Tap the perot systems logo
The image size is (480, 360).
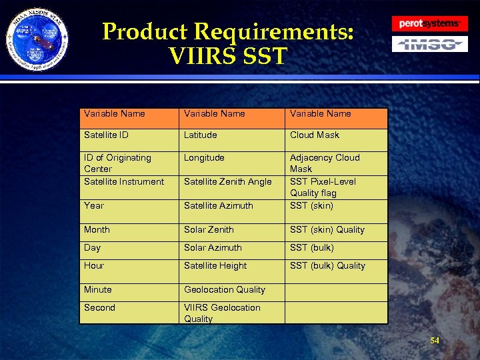[429, 23]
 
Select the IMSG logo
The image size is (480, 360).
[429, 44]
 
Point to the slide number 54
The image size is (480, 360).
[435, 341]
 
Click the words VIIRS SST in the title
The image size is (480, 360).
[227, 56]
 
